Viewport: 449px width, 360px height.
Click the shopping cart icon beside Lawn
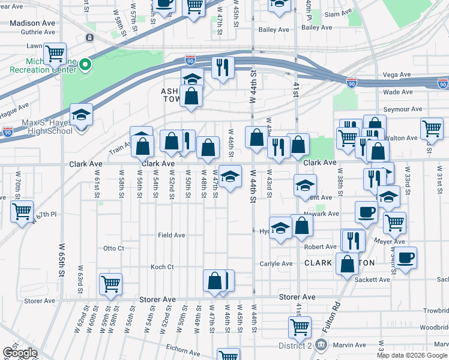click(x=55, y=53)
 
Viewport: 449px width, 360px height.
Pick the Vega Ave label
click(x=396, y=75)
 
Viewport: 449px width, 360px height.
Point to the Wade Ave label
click(x=398, y=92)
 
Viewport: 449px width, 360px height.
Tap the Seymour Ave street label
click(x=403, y=109)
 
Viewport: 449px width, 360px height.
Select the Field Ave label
click(x=172, y=235)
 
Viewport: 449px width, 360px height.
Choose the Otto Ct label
click(x=113, y=248)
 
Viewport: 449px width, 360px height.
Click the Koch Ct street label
click(x=162, y=267)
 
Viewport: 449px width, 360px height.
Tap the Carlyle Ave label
click(x=276, y=263)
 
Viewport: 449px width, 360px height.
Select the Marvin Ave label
click(x=351, y=345)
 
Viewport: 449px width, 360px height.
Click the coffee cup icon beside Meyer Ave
click(x=405, y=258)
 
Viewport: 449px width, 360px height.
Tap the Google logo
click(x=19, y=353)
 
